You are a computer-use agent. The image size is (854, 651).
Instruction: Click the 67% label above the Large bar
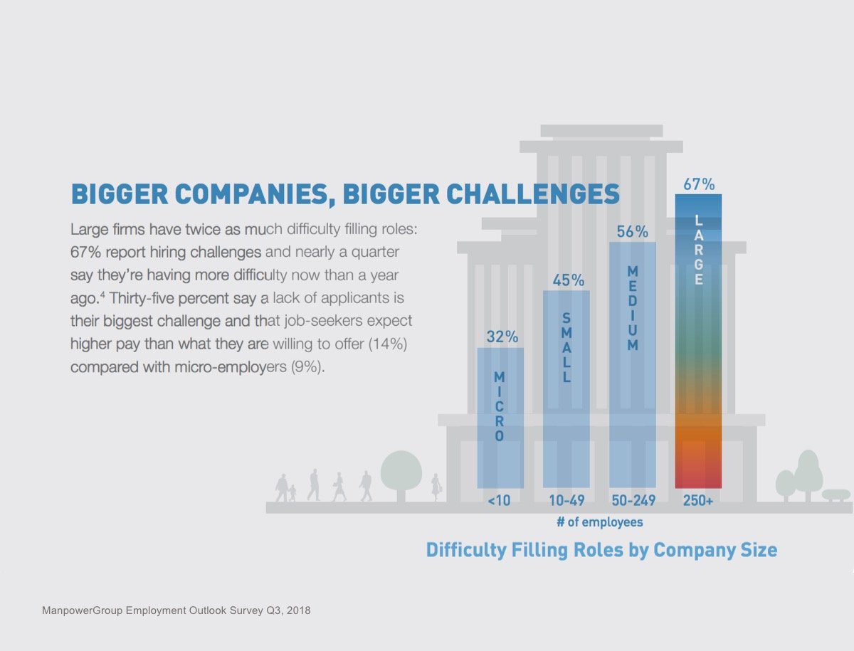click(x=699, y=184)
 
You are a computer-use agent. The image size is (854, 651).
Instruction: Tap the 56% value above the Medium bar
click(x=633, y=232)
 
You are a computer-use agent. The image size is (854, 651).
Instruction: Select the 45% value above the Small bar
click(x=567, y=280)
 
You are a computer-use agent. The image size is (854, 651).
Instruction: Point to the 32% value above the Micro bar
click(x=501, y=337)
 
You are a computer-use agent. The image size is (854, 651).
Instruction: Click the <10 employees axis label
click(x=500, y=501)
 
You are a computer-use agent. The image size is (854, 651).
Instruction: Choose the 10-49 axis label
click(x=566, y=501)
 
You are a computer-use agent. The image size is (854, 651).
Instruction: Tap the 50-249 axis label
click(x=633, y=501)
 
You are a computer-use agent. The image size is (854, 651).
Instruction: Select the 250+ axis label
click(x=698, y=501)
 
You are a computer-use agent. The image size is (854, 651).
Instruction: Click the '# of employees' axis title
click(x=599, y=522)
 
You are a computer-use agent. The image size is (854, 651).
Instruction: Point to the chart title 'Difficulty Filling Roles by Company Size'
click(x=601, y=550)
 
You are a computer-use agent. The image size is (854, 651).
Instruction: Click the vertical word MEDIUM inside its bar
click(x=633, y=308)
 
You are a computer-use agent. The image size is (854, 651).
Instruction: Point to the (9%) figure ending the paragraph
click(x=307, y=369)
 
